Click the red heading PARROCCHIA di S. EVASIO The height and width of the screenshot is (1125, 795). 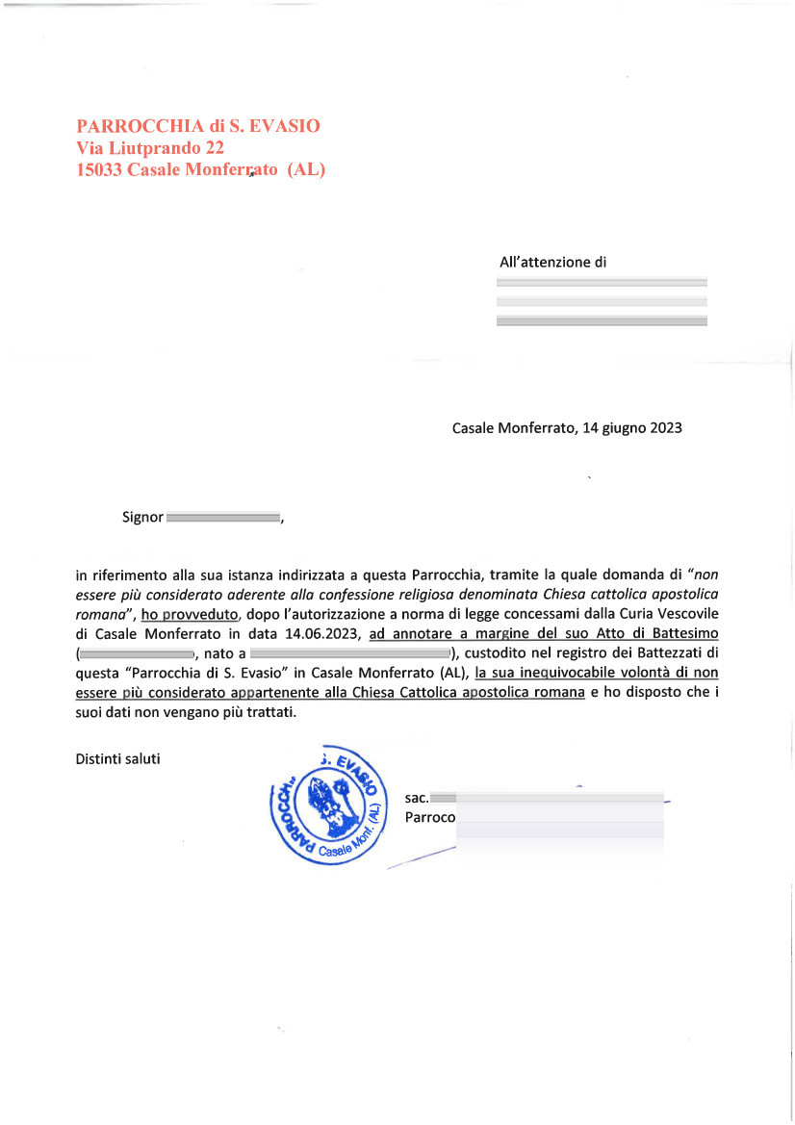coord(198,126)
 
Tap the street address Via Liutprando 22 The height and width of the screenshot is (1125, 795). coord(150,148)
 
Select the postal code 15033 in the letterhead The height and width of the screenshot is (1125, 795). coord(99,170)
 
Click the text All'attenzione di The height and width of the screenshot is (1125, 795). coord(552,262)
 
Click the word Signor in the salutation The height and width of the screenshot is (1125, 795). coord(142,517)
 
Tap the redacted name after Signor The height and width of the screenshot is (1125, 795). coord(222,518)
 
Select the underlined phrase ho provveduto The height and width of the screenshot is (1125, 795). coord(183,613)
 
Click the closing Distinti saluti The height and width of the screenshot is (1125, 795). coord(117,758)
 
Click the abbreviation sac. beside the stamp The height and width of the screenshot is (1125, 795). coord(417,798)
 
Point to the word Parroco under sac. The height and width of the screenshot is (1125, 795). coord(429,818)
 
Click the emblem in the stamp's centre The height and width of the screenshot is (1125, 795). coord(327,805)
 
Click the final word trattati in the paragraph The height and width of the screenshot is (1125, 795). coord(270,713)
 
